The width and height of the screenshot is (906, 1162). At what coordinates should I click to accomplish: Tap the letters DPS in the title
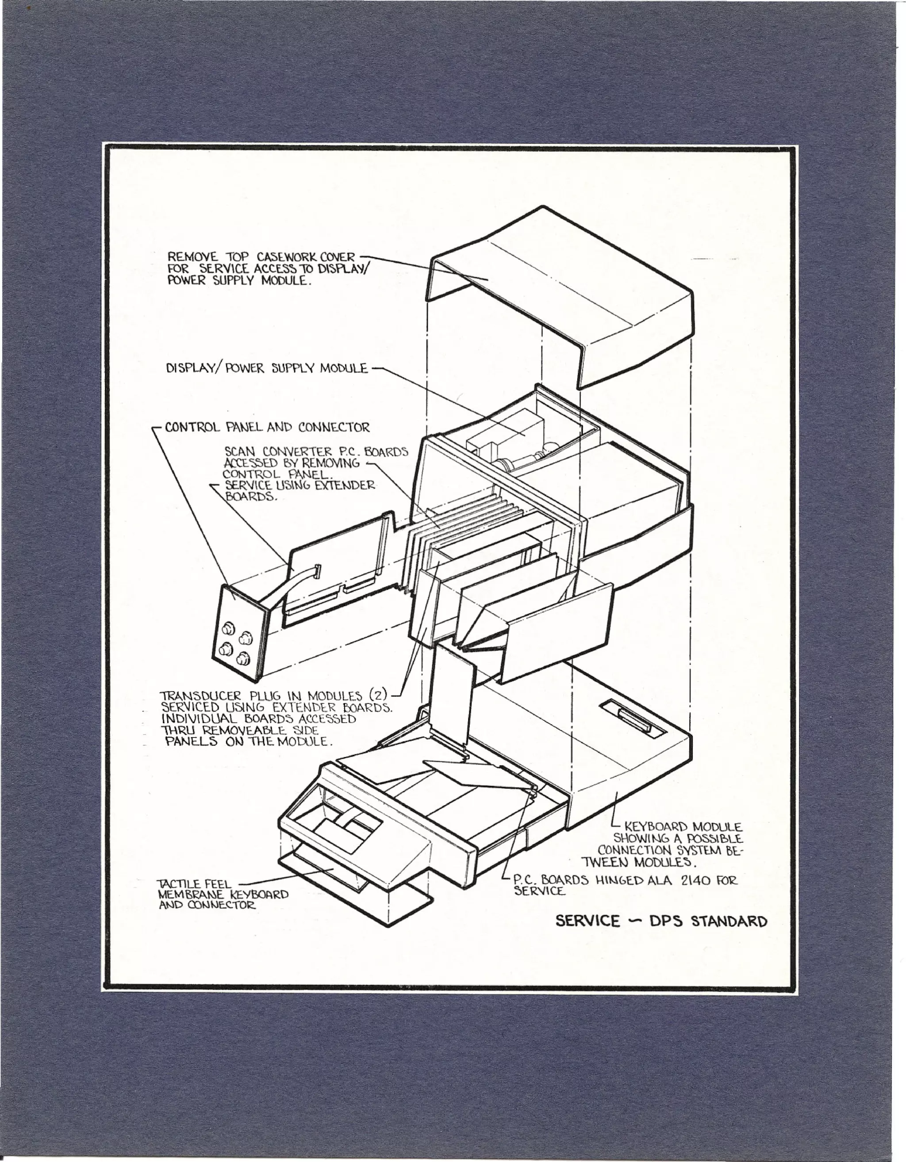tap(666, 921)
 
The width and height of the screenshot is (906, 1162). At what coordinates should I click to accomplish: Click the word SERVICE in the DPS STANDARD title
tap(587, 921)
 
